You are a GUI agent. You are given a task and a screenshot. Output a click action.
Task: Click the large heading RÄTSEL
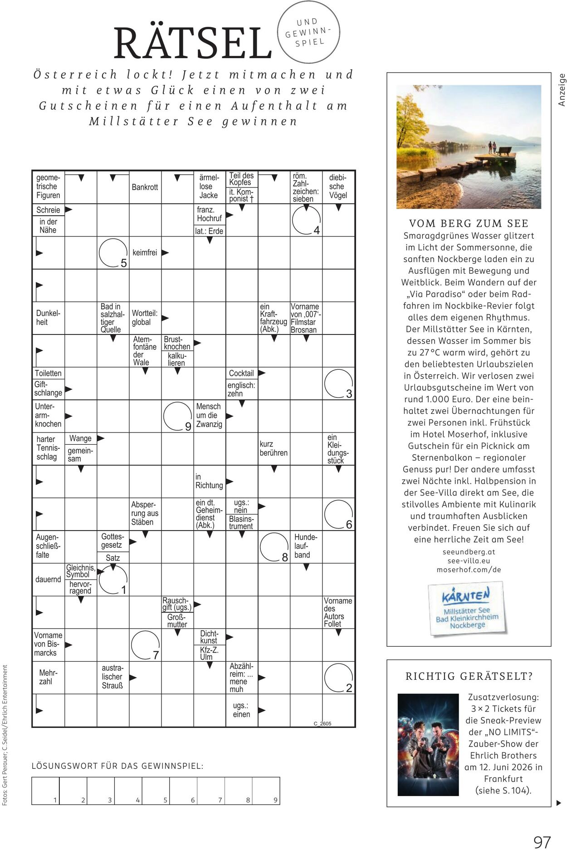point(192,44)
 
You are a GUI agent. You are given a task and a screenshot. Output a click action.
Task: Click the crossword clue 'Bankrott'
point(145,187)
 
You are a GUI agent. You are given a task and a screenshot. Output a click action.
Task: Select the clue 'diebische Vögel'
point(338,187)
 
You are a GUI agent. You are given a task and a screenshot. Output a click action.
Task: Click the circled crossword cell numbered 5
point(113,253)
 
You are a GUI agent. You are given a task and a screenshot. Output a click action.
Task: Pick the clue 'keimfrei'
point(145,252)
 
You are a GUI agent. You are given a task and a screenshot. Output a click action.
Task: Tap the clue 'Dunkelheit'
point(48,318)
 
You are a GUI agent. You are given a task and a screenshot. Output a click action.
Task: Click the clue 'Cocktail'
point(241,373)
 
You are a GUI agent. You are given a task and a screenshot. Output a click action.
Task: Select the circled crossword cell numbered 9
point(177,416)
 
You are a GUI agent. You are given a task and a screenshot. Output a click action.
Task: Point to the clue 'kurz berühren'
point(274,448)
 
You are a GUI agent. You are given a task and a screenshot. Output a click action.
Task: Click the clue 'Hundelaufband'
point(306,546)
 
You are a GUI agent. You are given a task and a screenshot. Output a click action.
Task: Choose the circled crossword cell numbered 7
point(145,645)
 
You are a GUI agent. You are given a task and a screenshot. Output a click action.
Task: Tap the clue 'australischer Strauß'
point(112,677)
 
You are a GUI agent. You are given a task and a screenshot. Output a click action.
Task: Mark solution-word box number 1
point(46,791)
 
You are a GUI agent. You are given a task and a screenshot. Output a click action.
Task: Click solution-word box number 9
point(266,791)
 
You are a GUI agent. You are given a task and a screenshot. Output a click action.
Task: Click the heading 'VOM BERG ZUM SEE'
point(469,223)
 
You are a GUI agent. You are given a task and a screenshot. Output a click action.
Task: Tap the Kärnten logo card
point(467,608)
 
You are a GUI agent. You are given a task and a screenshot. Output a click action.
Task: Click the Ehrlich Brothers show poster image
point(428,745)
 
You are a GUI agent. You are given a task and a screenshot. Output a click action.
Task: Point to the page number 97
point(542,829)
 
